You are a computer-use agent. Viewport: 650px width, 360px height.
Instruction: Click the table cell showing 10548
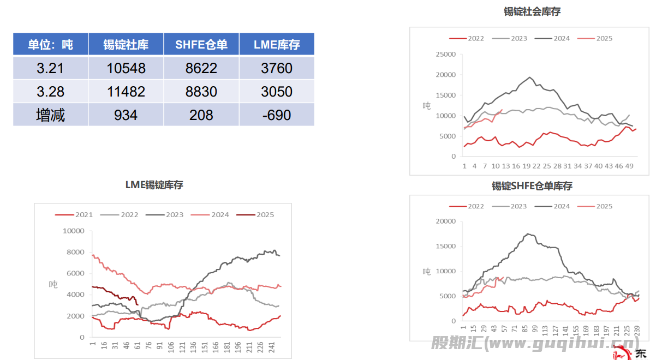point(126,68)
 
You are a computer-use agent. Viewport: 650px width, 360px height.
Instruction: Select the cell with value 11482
point(126,92)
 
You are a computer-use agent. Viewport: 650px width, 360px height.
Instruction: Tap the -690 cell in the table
point(276,115)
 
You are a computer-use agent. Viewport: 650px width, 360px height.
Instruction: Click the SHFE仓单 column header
point(201,45)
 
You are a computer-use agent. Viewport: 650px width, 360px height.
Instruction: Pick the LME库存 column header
point(276,45)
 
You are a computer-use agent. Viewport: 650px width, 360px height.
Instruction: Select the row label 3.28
point(50,92)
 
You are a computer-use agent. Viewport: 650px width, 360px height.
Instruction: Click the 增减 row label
point(50,115)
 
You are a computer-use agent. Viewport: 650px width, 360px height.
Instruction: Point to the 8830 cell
point(201,92)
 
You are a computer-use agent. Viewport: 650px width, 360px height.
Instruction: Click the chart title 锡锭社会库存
point(532,11)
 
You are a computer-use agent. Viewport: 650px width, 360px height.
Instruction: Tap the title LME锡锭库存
point(154,185)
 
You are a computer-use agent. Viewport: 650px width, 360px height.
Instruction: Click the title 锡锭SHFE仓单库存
point(532,187)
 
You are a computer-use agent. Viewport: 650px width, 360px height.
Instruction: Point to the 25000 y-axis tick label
point(446,55)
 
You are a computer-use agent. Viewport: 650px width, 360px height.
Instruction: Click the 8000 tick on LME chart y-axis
point(75,252)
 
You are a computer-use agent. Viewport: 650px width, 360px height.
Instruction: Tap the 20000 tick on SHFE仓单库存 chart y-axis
point(446,221)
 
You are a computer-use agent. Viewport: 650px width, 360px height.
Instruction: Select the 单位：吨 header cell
point(50,45)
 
